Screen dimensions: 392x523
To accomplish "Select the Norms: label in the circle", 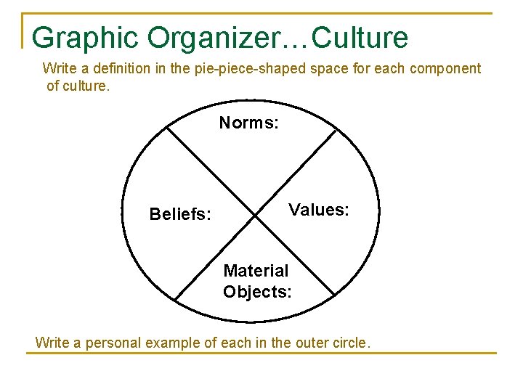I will (248, 123).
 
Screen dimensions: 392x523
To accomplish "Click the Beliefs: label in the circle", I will (180, 214).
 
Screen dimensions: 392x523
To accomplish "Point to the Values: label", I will (319, 211).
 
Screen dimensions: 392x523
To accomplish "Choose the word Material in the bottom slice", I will (256, 271).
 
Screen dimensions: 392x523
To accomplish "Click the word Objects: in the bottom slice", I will (258, 292).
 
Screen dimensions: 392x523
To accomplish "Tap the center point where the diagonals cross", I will (256, 215).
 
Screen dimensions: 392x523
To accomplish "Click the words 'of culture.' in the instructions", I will (78, 86).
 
